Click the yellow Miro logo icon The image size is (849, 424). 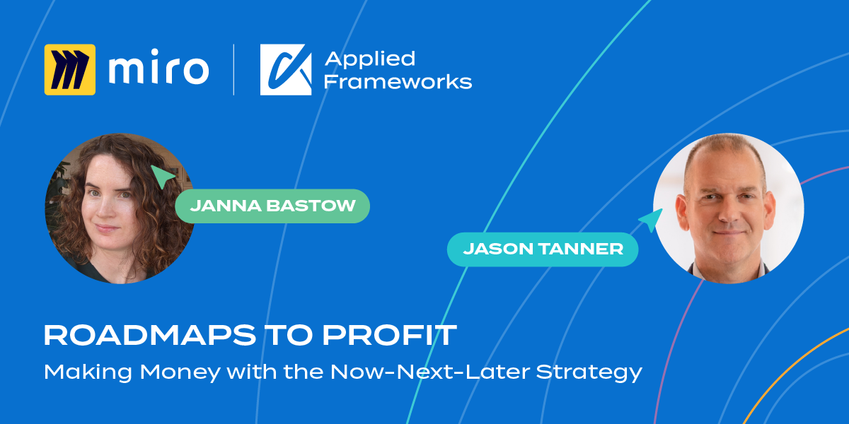pyautogui.click(x=70, y=70)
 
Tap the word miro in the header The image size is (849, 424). pyautogui.click(x=158, y=67)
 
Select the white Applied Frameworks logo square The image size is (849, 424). pyautogui.click(x=286, y=70)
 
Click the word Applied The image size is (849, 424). pyautogui.click(x=370, y=59)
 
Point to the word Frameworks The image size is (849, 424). pyautogui.click(x=398, y=81)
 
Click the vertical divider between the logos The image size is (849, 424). pyautogui.click(x=233, y=70)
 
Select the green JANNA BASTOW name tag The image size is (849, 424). pyautogui.click(x=272, y=206)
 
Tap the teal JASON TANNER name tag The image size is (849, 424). pyautogui.click(x=543, y=249)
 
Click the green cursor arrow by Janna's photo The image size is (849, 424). pyautogui.click(x=163, y=176)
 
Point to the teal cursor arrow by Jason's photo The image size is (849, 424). pyautogui.click(x=652, y=220)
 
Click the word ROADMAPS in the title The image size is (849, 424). pyautogui.click(x=150, y=335)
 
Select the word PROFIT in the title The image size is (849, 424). pyautogui.click(x=390, y=335)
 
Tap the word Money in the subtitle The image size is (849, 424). pyautogui.click(x=180, y=372)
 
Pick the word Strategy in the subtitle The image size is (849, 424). pyautogui.click(x=589, y=373)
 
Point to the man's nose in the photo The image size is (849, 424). pyautogui.click(x=728, y=212)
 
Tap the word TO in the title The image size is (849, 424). pyautogui.click(x=289, y=335)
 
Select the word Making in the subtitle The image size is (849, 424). pyautogui.click(x=88, y=372)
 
